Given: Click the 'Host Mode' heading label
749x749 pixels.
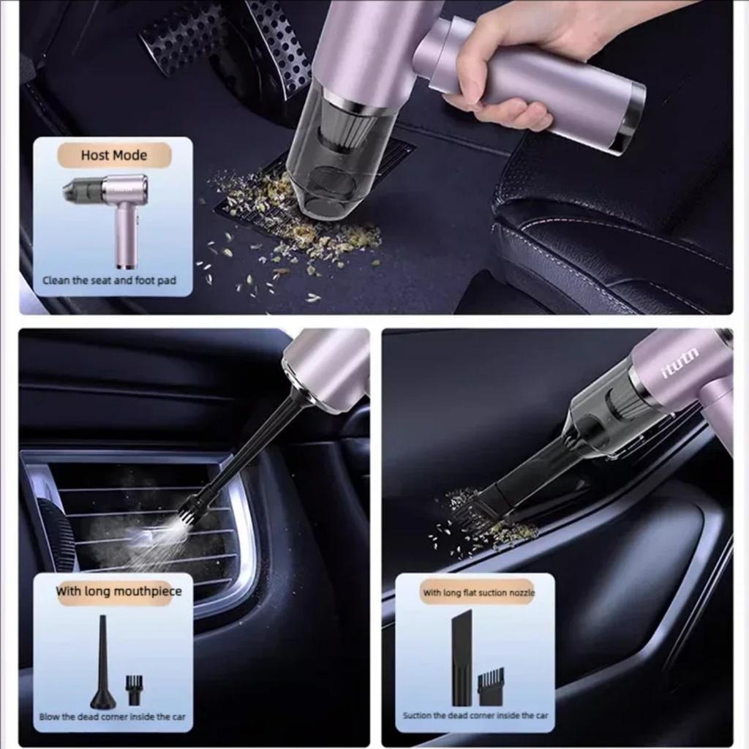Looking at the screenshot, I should pyautogui.click(x=114, y=155).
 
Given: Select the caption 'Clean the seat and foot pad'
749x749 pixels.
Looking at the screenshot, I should pyautogui.click(x=110, y=280).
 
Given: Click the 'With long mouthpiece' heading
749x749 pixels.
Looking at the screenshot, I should pyautogui.click(x=118, y=591).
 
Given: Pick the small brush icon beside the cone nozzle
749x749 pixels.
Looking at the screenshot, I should pyautogui.click(x=134, y=690).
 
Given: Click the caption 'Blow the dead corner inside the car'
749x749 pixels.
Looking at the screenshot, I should pyautogui.click(x=112, y=717).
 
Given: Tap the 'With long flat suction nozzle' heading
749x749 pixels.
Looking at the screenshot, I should pyautogui.click(x=478, y=592).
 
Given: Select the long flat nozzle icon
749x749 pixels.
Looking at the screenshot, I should pyautogui.click(x=462, y=658).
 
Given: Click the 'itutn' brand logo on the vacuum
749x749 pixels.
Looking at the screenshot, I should pyautogui.click(x=680, y=364).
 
